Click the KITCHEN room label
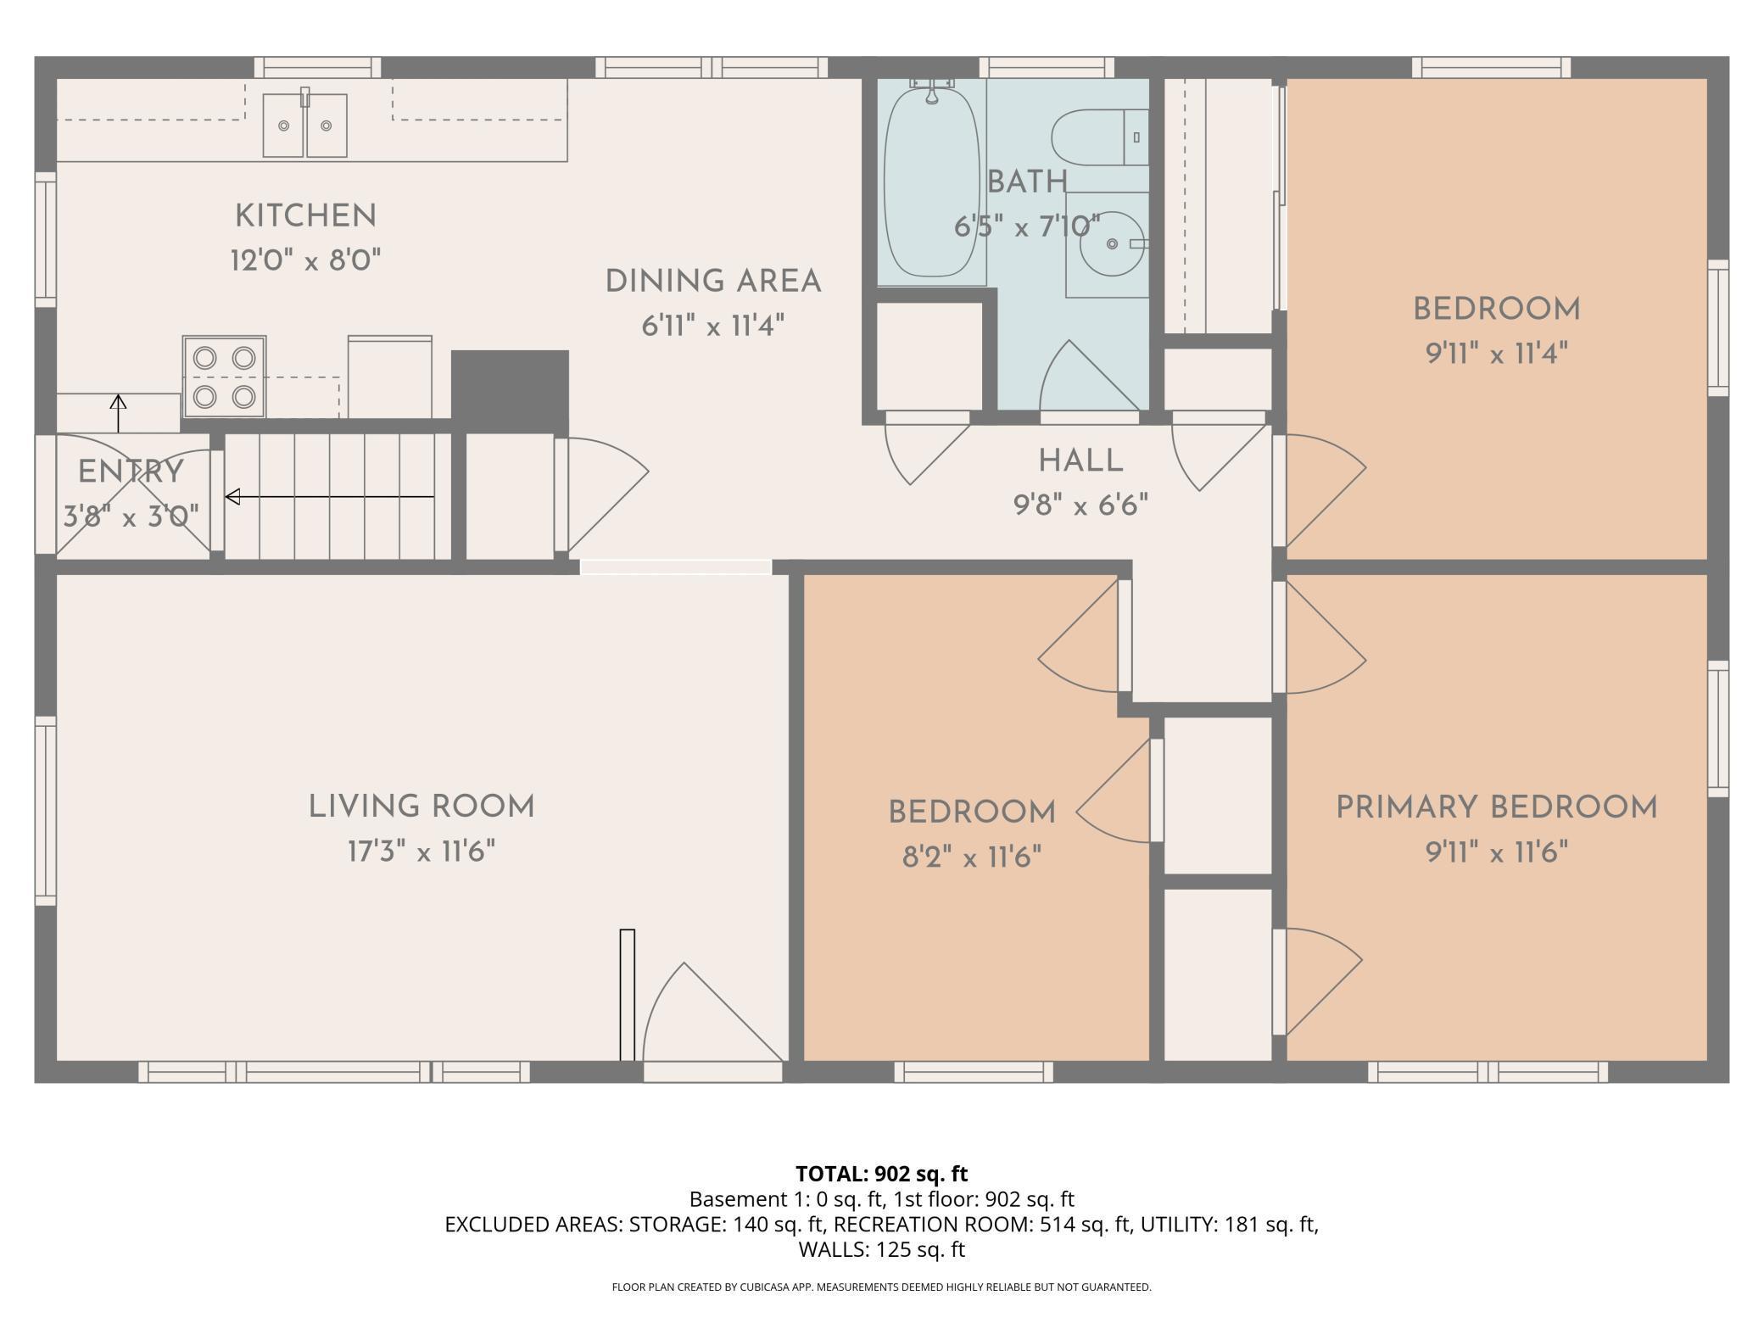pos(305,216)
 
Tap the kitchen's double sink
pos(304,125)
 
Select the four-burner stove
pos(224,377)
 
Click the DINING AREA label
pos(713,282)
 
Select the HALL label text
pos(1080,461)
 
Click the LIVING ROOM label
pos(421,807)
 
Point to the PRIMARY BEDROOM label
pos(1497,807)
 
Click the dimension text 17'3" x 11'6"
pos(421,851)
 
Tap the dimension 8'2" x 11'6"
pos(972,857)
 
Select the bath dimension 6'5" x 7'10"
pos(1027,226)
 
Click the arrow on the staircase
pos(330,497)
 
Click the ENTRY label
pos(131,472)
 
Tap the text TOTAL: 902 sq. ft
pos(881,1174)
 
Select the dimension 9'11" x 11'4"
pos(1497,353)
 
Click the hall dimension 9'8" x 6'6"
pos(1080,506)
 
